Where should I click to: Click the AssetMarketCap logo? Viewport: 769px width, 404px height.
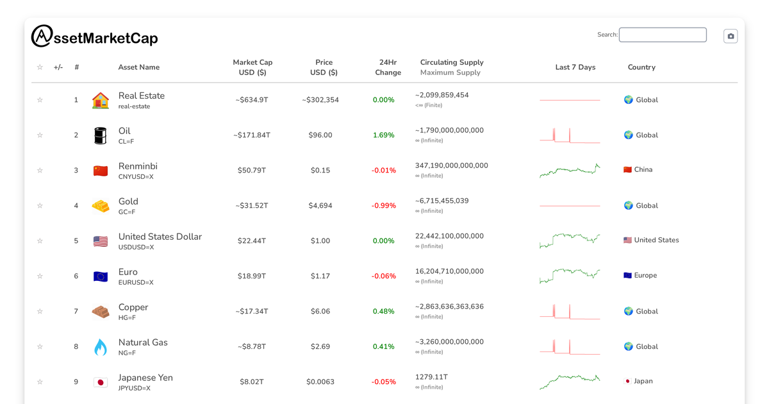click(x=94, y=37)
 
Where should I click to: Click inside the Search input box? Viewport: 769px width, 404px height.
click(x=663, y=35)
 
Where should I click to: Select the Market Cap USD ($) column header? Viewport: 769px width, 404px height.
click(x=252, y=67)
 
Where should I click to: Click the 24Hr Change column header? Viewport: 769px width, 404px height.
click(x=388, y=67)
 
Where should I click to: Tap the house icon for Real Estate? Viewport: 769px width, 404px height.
click(x=101, y=100)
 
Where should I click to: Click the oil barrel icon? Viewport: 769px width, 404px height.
click(x=101, y=135)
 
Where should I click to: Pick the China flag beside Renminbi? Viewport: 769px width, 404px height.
click(x=101, y=171)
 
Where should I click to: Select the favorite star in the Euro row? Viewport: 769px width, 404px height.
click(x=40, y=276)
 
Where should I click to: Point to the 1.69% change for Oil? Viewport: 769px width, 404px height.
click(x=383, y=135)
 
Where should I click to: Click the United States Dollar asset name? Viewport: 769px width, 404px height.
click(x=160, y=237)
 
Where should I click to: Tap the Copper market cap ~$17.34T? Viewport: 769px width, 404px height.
click(x=252, y=312)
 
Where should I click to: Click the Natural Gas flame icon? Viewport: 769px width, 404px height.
click(x=101, y=347)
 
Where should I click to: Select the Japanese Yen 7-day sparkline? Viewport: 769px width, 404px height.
click(x=570, y=382)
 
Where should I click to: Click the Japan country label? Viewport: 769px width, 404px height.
click(x=643, y=381)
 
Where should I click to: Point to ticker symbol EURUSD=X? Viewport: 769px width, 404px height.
click(x=136, y=283)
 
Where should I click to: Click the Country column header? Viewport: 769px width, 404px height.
click(x=641, y=67)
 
